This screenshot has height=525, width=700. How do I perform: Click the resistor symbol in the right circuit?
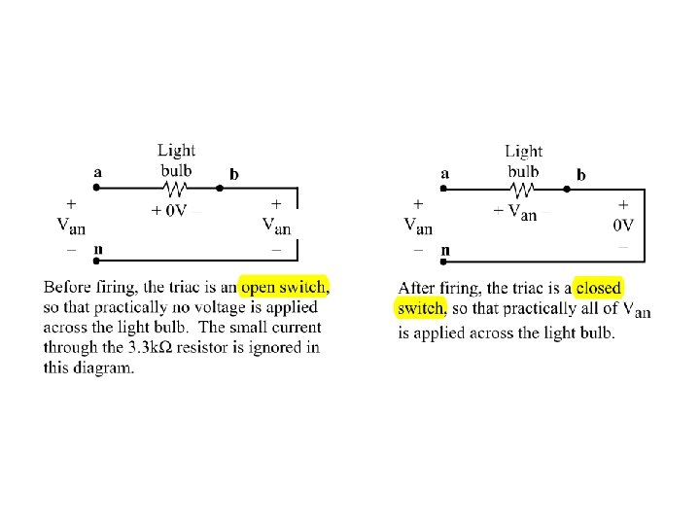pos(523,190)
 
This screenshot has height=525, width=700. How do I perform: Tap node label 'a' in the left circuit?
pos(97,172)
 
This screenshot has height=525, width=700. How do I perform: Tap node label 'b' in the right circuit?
pos(581,174)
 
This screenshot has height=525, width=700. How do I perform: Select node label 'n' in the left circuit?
pos(98,250)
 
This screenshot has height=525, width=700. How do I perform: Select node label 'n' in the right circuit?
pos(445,251)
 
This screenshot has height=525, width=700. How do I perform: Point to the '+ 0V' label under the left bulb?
pos(168,212)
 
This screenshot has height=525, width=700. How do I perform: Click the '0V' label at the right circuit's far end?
pos(622,226)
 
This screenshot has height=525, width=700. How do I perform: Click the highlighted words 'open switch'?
pos(285,288)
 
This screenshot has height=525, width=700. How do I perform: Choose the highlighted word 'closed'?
pos(598,289)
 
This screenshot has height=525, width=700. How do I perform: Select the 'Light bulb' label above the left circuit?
pos(176,159)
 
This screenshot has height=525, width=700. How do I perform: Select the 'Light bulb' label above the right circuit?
pos(523,160)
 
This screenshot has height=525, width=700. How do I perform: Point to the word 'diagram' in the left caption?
pos(102,367)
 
